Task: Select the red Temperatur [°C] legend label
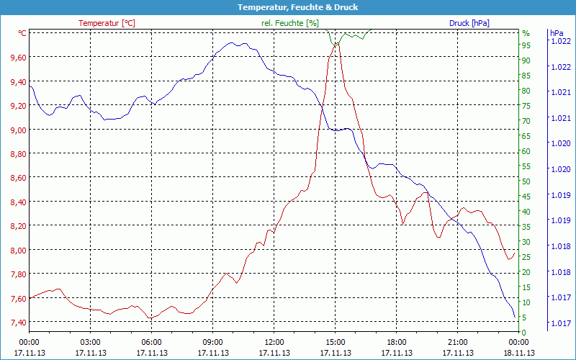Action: pos(107,23)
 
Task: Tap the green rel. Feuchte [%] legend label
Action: pos(289,23)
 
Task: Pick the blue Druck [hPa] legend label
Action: pos(469,23)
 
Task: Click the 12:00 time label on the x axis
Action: pos(274,343)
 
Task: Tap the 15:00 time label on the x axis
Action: pos(335,343)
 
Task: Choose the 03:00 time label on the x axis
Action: pos(90,343)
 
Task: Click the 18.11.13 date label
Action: pos(518,353)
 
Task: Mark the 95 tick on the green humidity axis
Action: pos(526,45)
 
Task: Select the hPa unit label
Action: pos(556,33)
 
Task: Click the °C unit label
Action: pos(22,33)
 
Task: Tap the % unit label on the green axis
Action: pos(526,33)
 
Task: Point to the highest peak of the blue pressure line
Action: pos(232,42)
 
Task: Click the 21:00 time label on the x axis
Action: pos(457,343)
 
